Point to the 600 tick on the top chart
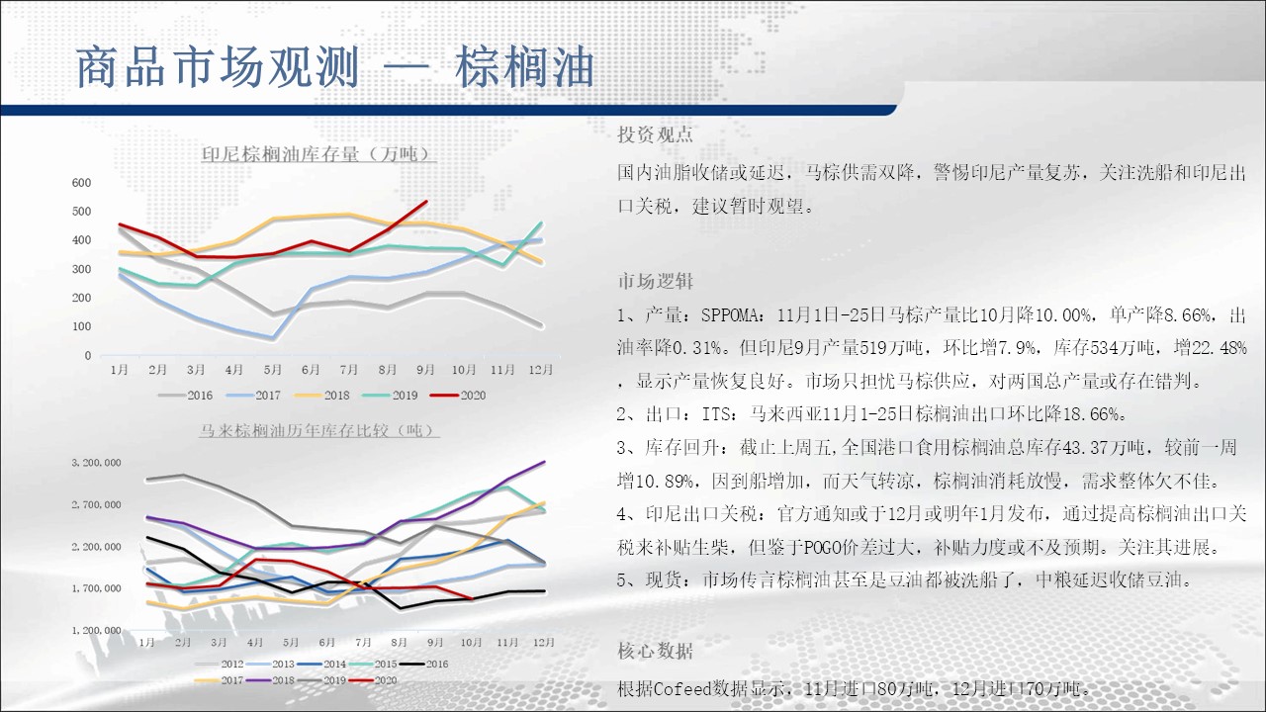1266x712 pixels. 81,183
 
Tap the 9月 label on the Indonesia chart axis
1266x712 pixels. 425,370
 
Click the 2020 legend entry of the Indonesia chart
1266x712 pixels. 458,396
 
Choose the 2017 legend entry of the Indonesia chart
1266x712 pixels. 253,396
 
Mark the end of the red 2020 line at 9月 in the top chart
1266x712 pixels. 426,201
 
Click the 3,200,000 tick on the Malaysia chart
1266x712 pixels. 96,462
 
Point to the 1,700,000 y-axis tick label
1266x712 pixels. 96,588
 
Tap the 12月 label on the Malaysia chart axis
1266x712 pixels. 544,642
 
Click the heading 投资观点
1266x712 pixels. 655,134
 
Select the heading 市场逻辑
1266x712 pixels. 655,281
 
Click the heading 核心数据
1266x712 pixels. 655,651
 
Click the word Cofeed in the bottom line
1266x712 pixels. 681,689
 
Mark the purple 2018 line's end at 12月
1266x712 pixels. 544,462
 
